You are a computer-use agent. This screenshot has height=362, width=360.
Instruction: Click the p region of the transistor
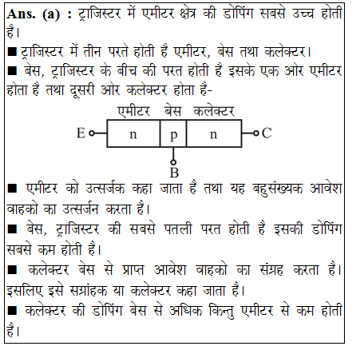click(x=172, y=133)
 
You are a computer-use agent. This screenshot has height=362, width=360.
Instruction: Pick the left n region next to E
click(x=133, y=133)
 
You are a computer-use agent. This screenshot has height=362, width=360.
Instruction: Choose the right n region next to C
click(x=212, y=133)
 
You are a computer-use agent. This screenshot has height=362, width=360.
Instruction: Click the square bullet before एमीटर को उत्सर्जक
click(x=11, y=190)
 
